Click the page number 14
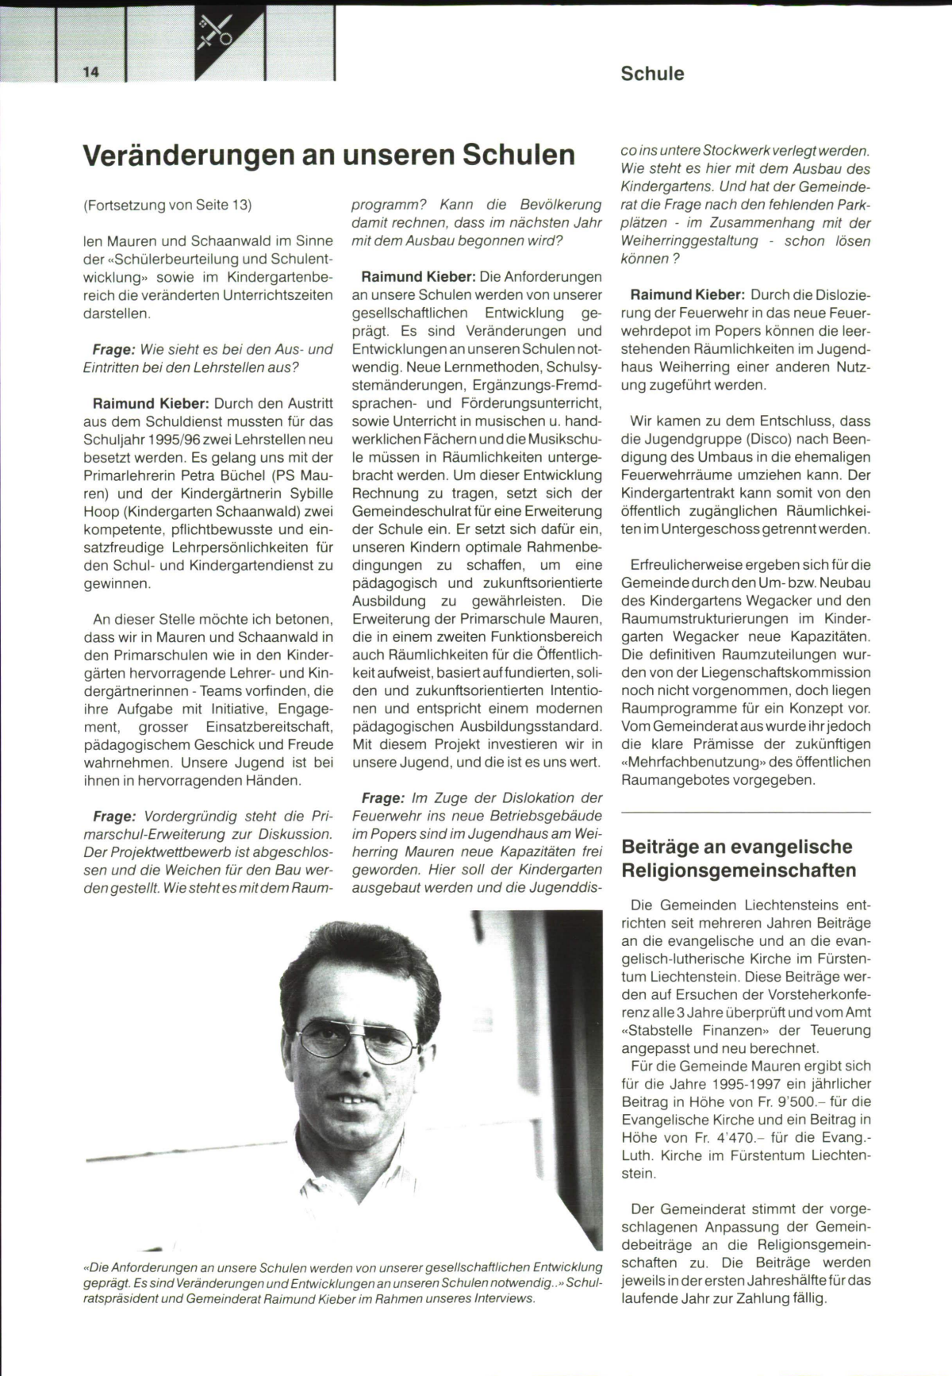(x=90, y=72)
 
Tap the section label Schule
(x=652, y=74)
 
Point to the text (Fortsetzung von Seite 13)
(x=167, y=205)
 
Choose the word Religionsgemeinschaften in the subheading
(x=739, y=871)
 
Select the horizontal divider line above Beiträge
(x=746, y=813)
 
